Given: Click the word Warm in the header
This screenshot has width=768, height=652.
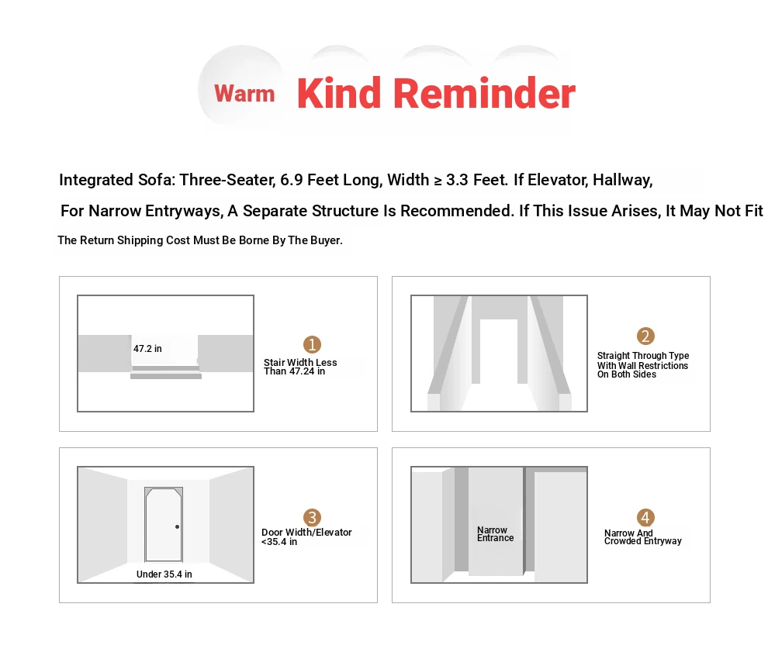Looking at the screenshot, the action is coord(244,94).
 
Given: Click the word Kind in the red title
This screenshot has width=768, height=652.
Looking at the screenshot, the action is coord(339,93).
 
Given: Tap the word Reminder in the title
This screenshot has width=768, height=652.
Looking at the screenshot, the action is coord(484,93).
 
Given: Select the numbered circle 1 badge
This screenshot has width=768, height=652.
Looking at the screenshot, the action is coord(312,344).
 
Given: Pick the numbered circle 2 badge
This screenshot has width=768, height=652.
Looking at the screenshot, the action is coord(645,336).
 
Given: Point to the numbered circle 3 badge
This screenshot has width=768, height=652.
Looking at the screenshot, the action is coord(312,517).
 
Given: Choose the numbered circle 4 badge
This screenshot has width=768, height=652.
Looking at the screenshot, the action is coord(645,517).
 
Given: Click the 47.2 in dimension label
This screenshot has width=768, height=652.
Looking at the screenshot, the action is coord(147,349).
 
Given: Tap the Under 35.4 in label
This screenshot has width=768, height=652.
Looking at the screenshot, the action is coord(164,574).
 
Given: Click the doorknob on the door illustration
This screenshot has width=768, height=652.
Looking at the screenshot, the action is coord(178,526).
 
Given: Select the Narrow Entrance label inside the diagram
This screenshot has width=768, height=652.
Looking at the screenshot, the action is coord(495,534).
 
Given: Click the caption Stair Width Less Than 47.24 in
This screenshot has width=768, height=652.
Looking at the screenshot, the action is coord(300,367).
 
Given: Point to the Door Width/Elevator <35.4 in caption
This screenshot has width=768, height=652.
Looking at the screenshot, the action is coord(306,537).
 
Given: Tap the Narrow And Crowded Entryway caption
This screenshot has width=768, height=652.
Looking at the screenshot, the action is coord(642,537).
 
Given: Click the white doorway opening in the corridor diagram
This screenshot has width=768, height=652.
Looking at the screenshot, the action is coord(499,351).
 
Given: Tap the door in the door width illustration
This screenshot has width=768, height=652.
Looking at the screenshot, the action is coord(164,525).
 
